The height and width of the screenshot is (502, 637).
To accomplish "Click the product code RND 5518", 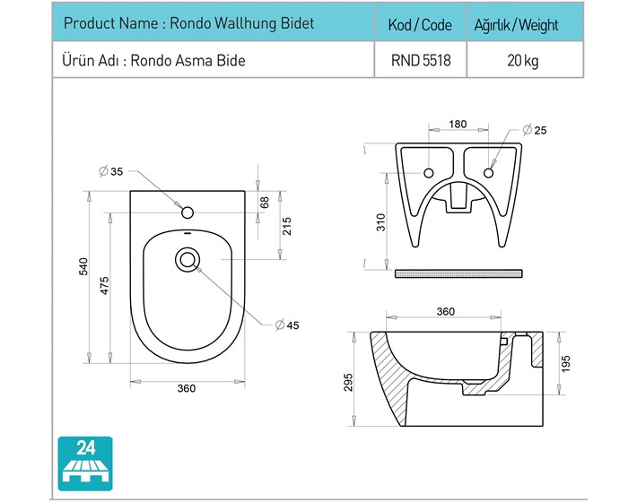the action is pyautogui.click(x=421, y=60).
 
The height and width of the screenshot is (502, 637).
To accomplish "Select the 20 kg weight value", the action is pyautogui.click(x=523, y=61).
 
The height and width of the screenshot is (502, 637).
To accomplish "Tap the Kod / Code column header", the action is pyautogui.click(x=420, y=25).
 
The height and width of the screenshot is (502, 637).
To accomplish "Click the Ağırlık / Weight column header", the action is pyautogui.click(x=517, y=25).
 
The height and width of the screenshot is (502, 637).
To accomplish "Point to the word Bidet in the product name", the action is pyautogui.click(x=297, y=23).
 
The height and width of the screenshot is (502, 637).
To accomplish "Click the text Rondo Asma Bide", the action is pyautogui.click(x=188, y=61).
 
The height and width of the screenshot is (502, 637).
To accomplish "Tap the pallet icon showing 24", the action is pyautogui.click(x=85, y=463).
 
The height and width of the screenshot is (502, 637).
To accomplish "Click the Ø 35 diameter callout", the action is pyautogui.click(x=111, y=171).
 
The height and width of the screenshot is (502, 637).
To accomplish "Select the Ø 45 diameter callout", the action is pyautogui.click(x=287, y=325).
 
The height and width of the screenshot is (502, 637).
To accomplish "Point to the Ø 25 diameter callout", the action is pyautogui.click(x=535, y=130).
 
